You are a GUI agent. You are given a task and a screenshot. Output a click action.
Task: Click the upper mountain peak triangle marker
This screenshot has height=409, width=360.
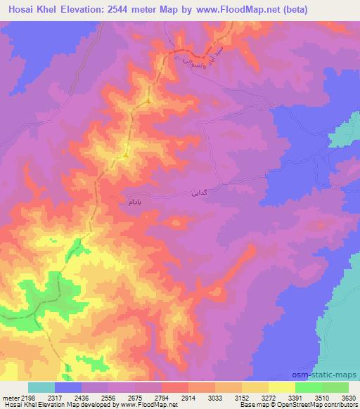tap(149, 100)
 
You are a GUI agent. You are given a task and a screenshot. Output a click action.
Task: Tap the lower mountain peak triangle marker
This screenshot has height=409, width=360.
tap(126, 152)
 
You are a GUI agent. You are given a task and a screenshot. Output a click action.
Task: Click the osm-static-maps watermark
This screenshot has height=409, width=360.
tap(329, 374)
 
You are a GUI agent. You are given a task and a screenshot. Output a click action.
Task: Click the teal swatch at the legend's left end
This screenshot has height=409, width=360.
tap(41, 387)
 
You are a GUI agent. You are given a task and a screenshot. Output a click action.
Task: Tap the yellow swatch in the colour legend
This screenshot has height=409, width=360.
tap(281, 387)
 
